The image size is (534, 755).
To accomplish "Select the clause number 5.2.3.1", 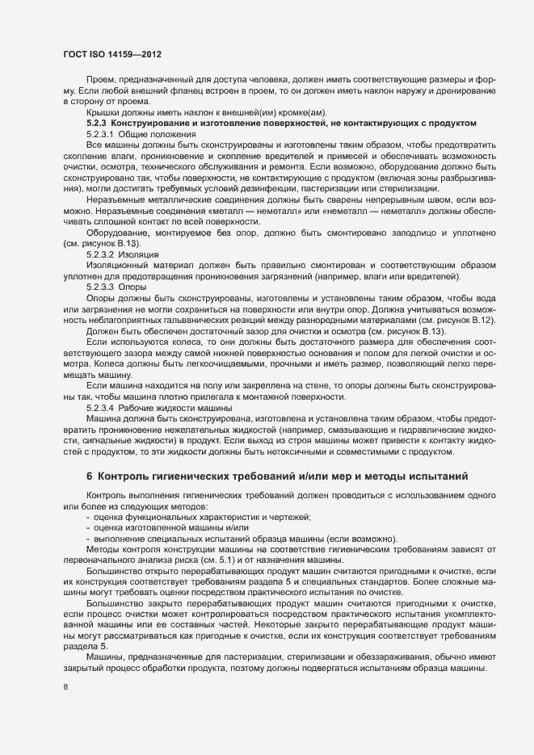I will tap(101, 132).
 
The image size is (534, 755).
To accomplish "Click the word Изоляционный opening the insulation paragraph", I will tap(120, 241).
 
